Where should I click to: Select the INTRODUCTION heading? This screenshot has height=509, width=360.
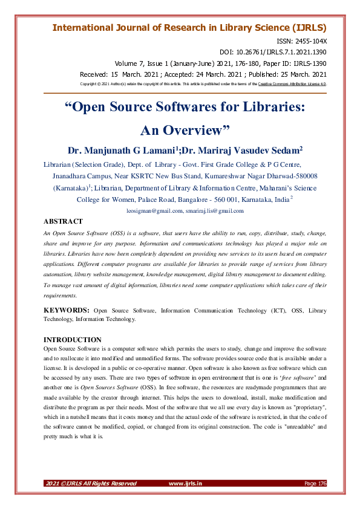tap(73, 340)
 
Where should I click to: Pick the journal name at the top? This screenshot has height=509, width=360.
tap(189, 28)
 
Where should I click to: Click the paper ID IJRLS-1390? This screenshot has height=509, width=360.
tap(310, 63)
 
